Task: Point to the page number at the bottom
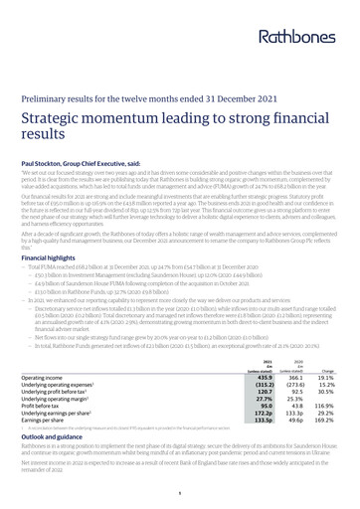(180, 491)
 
